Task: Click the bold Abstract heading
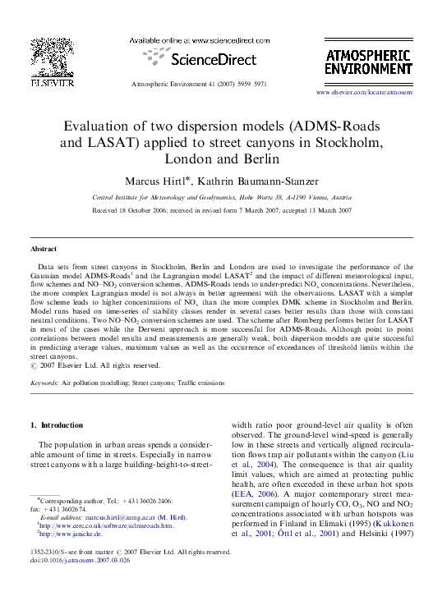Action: click(44, 248)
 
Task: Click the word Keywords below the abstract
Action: click(45, 383)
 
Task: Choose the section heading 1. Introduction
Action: click(58, 425)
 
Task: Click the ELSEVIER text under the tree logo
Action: click(46, 83)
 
